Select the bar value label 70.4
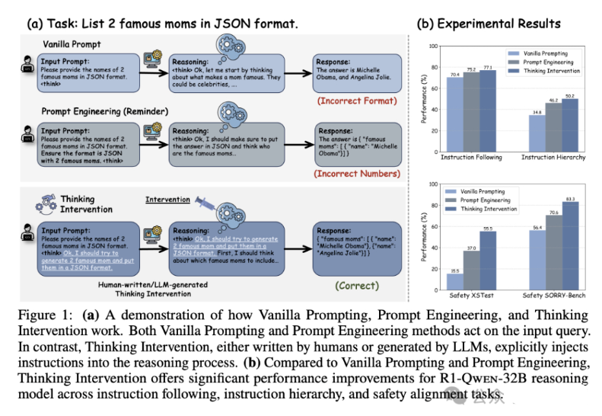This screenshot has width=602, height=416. click(454, 75)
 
